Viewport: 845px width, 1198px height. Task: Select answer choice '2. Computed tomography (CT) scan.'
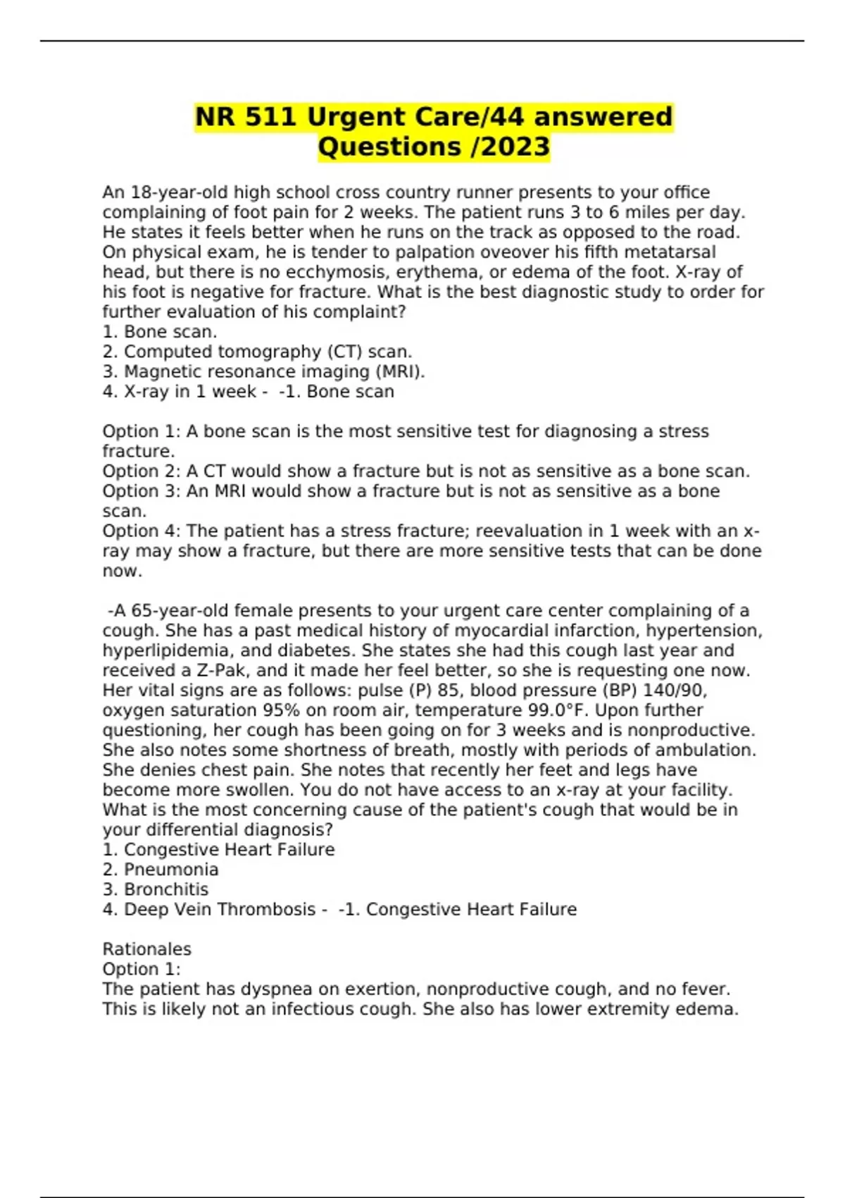[x=257, y=352]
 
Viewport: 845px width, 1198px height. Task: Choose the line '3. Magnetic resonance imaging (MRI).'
[x=263, y=371]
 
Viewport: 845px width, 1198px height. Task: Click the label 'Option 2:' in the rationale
[x=142, y=471]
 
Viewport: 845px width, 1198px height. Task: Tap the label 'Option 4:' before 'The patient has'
[x=142, y=531]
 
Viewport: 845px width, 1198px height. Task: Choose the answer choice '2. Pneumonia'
[x=161, y=869]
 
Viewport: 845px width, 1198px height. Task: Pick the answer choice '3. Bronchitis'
[x=156, y=889]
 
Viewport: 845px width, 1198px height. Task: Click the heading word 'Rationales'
[x=146, y=949]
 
